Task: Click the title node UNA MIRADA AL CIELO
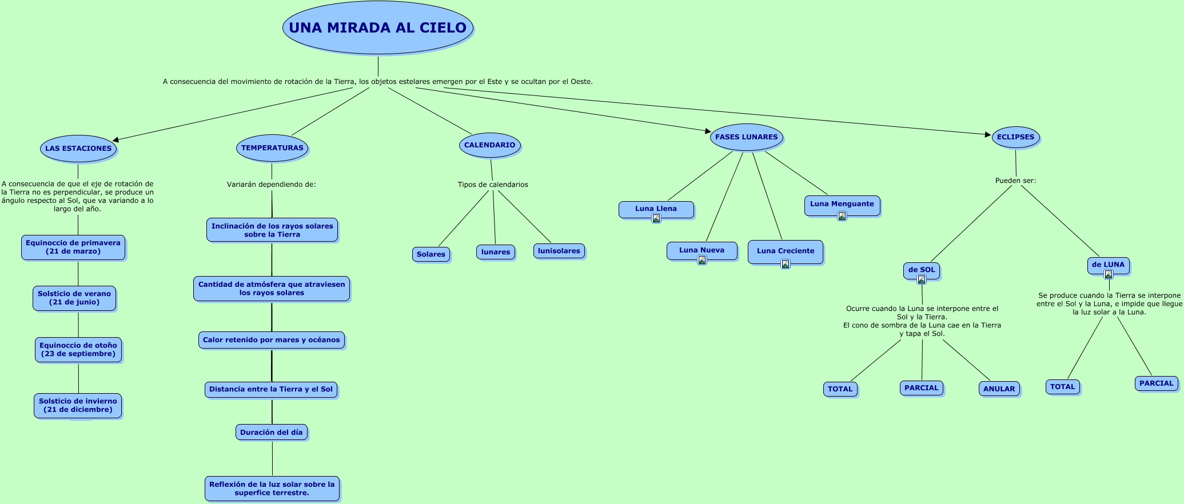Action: tap(377, 27)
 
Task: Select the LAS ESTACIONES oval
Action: tap(78, 149)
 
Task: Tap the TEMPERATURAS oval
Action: tap(272, 148)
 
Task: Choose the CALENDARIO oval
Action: tap(490, 145)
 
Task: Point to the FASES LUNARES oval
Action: tap(746, 137)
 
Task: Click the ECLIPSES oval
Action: tap(1015, 137)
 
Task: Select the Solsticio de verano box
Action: tap(74, 298)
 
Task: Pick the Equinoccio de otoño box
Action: tap(78, 350)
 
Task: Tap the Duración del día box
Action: tap(272, 433)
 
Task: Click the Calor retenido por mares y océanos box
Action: tap(272, 340)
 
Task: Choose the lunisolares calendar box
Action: tap(559, 251)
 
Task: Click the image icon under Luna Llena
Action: tap(656, 218)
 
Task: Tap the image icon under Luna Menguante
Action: tap(842, 216)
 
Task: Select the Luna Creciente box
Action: tap(786, 251)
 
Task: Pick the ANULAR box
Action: tap(999, 389)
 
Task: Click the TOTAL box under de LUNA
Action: tap(1063, 387)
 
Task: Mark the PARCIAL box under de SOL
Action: tap(922, 388)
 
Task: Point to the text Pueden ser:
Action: tap(1015, 181)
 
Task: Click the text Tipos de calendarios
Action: tap(493, 185)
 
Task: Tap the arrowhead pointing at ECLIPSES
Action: tap(988, 135)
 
